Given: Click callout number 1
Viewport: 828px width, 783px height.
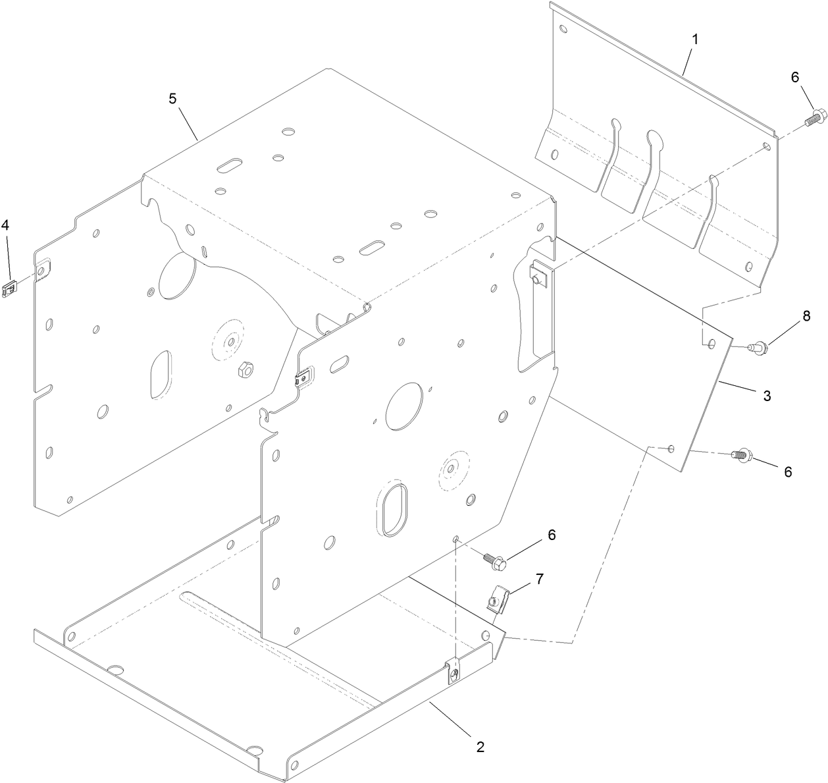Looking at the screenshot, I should pyautogui.click(x=694, y=39).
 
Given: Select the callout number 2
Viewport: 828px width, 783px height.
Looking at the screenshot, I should pyautogui.click(x=480, y=747).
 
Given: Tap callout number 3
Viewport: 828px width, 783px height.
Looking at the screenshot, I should pyautogui.click(x=767, y=396).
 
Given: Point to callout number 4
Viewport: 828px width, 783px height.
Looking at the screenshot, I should pyautogui.click(x=5, y=225).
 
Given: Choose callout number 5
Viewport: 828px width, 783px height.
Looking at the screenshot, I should pyautogui.click(x=172, y=98).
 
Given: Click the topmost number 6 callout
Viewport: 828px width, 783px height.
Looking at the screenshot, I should pyautogui.click(x=794, y=77).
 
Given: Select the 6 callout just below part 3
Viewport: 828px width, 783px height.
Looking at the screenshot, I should pyautogui.click(x=787, y=472).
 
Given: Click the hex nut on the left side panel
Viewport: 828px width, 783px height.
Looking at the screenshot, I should pyautogui.click(x=242, y=369).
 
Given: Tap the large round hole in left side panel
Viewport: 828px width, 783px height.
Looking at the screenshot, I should pyautogui.click(x=177, y=275).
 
